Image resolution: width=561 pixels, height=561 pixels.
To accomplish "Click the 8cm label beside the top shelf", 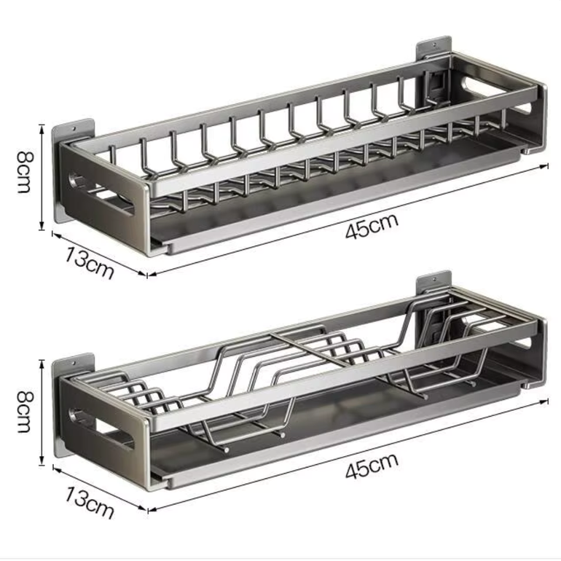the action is [25, 172].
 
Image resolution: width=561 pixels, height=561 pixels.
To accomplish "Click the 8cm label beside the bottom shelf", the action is [25, 412].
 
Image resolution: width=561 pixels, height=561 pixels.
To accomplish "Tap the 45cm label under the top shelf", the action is [372, 226].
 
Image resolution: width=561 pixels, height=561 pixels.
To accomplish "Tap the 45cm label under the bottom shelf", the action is [372, 466].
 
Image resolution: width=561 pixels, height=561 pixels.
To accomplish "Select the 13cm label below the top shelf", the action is [90, 262].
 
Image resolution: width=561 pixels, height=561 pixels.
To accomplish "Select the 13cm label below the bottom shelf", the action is [90, 502].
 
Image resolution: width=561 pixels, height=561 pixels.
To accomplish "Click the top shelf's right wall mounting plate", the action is [433, 47].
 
